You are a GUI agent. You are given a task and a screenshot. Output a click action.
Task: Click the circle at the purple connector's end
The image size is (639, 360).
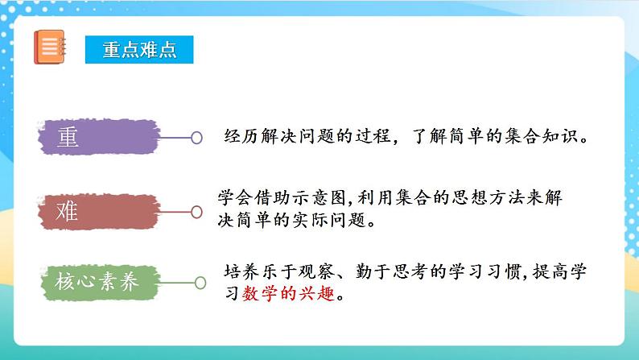[196, 138]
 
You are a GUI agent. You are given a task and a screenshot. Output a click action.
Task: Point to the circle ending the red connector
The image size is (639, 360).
[195, 212]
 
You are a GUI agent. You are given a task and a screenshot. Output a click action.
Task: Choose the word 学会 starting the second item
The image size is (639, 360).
[234, 197]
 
